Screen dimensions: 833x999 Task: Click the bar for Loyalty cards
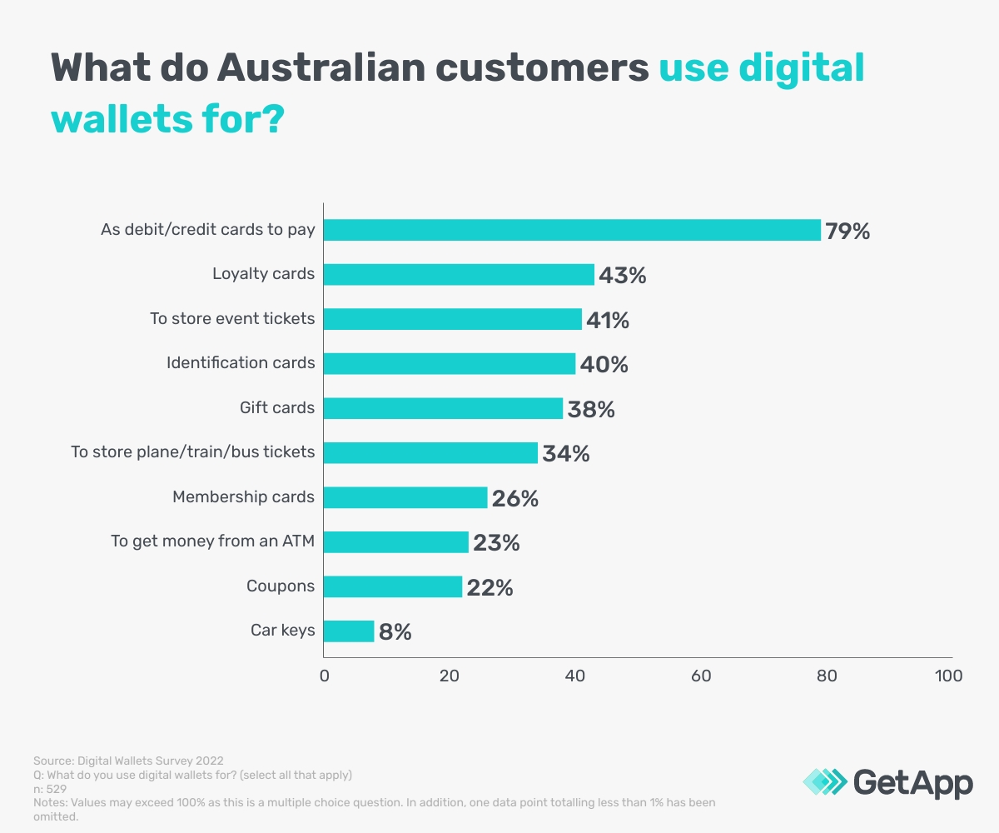(459, 274)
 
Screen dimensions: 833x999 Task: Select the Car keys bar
(349, 631)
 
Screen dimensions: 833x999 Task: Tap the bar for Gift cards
(443, 408)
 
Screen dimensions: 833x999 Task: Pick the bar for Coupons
(393, 586)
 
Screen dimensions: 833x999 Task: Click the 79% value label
(847, 231)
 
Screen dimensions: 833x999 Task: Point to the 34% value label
(566, 453)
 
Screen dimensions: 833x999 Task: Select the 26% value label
(514, 498)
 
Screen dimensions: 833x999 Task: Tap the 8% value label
(395, 631)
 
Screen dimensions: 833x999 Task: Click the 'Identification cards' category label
(241, 363)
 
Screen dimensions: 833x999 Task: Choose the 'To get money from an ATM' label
(213, 541)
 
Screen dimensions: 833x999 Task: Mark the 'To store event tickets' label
(232, 318)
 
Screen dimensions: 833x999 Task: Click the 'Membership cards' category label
(243, 497)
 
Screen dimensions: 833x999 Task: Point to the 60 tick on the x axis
(701, 676)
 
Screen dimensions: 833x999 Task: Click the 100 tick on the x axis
(948, 676)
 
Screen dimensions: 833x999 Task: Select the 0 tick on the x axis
(325, 676)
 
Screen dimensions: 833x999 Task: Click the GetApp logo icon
(824, 782)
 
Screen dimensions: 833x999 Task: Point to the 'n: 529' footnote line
(50, 788)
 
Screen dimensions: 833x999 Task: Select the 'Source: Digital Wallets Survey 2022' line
(128, 761)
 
